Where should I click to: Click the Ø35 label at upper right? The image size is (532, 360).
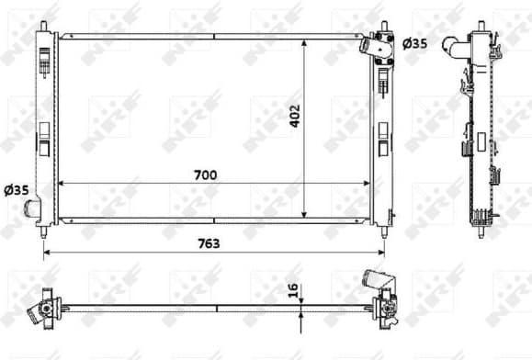point(415,42)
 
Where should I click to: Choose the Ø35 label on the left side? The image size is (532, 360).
point(17,191)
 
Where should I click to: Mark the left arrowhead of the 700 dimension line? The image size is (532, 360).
point(63,184)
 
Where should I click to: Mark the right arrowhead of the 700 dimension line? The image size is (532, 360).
point(367,184)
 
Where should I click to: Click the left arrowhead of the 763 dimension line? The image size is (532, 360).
point(46,253)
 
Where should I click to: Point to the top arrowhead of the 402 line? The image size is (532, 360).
point(303,41)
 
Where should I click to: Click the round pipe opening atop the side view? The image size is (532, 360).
point(449,43)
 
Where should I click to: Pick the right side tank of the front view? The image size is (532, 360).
point(381,129)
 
